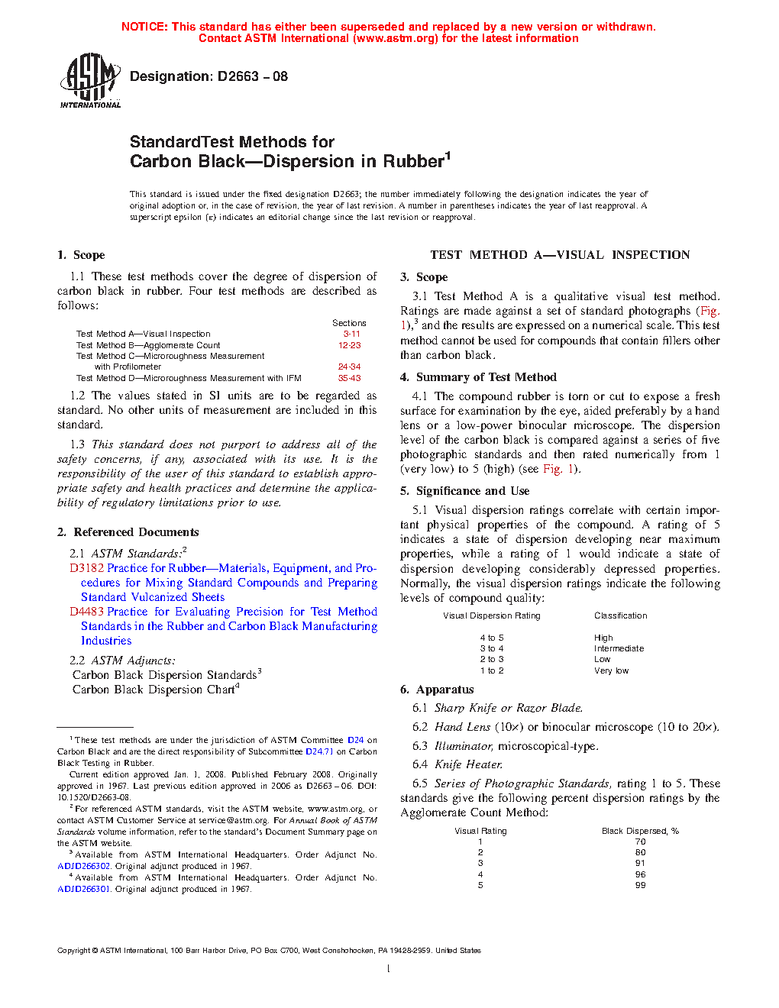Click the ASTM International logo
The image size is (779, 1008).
pos(90,80)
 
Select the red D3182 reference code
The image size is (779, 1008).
pos(86,568)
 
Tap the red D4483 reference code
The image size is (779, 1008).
pos(86,612)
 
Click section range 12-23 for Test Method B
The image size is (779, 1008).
pos(350,345)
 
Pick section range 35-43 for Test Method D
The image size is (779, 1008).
pos(350,378)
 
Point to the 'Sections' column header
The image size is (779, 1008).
pos(349,323)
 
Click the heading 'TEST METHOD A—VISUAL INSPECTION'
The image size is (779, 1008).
pos(560,255)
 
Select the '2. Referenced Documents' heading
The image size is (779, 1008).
pos(128,532)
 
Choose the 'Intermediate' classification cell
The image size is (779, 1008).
pos(619,648)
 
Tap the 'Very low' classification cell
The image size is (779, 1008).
pos(612,670)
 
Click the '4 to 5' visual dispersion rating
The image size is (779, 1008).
pos(492,638)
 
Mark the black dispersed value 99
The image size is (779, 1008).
pos(640,885)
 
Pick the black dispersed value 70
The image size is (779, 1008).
pos(640,842)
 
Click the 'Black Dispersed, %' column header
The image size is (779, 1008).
pos(640,831)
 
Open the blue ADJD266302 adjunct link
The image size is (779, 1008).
pos(84,866)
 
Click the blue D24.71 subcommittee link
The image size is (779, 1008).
pos(319,751)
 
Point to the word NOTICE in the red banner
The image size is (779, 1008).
pos(144,27)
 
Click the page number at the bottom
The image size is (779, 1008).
pos(389,969)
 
